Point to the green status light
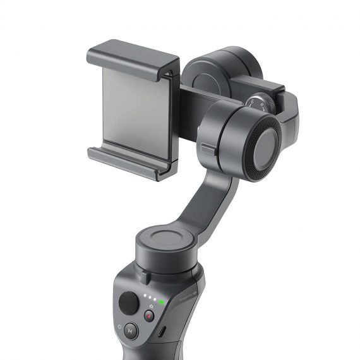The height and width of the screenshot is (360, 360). (x=162, y=301)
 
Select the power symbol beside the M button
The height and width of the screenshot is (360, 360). (x=120, y=327)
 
